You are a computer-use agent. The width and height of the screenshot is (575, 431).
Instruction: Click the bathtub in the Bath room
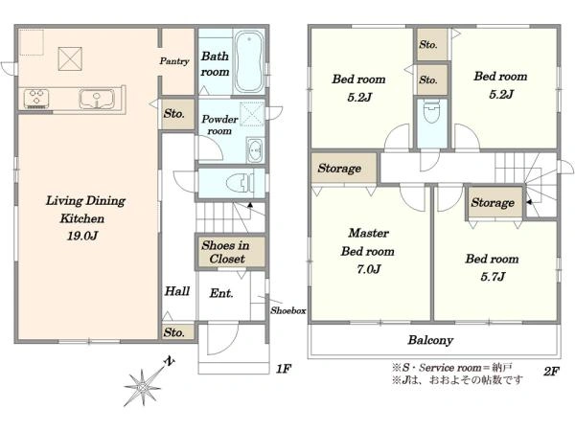248,61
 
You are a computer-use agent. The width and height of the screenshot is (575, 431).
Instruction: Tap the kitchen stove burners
36,99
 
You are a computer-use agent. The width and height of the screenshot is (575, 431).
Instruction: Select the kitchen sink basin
97,100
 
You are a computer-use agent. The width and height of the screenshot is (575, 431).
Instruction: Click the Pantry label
174,61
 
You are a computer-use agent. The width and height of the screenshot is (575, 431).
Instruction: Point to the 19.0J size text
82,236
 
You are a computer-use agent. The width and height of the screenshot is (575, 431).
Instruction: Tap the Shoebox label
288,310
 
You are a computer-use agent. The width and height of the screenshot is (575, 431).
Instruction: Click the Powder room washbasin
255,150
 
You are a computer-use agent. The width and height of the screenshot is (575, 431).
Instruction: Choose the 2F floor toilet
432,113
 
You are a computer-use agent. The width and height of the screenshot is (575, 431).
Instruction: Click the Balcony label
430,340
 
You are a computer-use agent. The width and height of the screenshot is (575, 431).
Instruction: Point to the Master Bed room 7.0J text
368,251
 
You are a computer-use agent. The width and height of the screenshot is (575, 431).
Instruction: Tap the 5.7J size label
493,277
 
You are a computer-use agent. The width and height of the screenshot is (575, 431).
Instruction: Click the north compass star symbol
142,388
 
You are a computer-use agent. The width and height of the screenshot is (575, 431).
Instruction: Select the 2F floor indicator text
552,372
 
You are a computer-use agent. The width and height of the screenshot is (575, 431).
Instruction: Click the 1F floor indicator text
284,369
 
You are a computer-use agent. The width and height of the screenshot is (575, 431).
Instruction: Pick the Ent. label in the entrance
221,293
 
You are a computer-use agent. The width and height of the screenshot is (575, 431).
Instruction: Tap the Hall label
177,291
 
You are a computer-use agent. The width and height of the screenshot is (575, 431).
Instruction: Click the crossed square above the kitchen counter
70,58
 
